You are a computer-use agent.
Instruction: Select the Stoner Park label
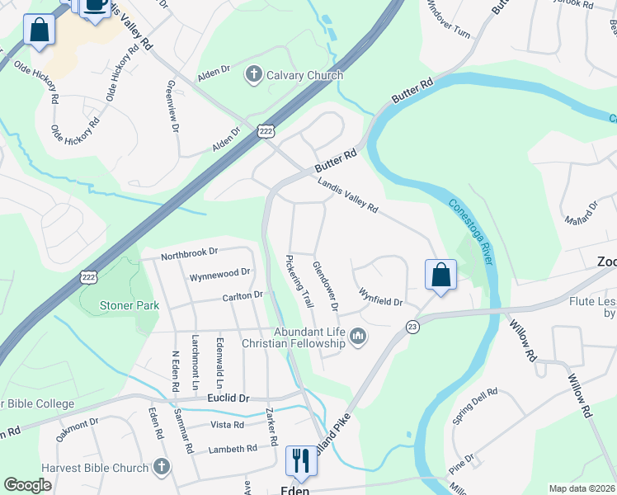[130, 305]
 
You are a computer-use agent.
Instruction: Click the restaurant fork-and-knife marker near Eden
[300, 460]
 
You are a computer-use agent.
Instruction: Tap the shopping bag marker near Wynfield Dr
[440, 275]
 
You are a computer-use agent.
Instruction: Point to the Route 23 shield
[412, 328]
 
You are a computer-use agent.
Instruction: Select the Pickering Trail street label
[300, 280]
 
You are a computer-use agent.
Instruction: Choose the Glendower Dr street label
[326, 285]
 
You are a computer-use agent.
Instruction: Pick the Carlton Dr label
[242, 295]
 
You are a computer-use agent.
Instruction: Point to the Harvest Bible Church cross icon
[162, 468]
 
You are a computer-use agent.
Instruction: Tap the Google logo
[27, 485]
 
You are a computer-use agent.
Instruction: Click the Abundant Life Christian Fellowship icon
[358, 337]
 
